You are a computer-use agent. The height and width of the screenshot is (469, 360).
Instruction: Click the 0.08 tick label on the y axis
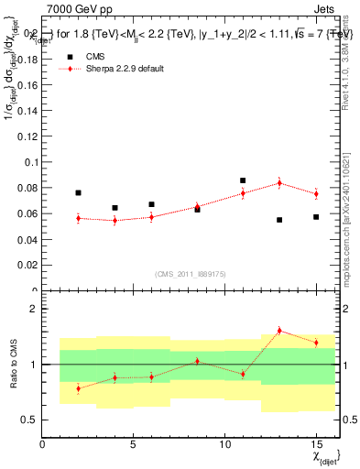[27, 188]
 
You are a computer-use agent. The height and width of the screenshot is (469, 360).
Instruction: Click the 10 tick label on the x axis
[225, 444]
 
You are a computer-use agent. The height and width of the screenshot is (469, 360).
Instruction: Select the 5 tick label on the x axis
[134, 444]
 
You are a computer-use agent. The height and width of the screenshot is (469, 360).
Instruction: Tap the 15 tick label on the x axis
[316, 444]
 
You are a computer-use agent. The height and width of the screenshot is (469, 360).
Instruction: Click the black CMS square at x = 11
[243, 180]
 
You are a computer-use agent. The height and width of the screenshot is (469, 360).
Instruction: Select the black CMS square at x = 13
[279, 220]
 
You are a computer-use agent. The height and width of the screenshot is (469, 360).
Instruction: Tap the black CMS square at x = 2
[79, 192]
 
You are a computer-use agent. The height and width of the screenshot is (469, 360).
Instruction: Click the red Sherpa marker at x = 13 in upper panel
[279, 183]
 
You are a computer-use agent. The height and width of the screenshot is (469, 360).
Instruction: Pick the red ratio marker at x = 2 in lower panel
[79, 388]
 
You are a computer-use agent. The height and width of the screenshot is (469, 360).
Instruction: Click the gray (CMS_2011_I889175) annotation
[188, 274]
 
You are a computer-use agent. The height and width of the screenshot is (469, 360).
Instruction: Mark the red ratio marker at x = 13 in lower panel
[279, 331]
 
